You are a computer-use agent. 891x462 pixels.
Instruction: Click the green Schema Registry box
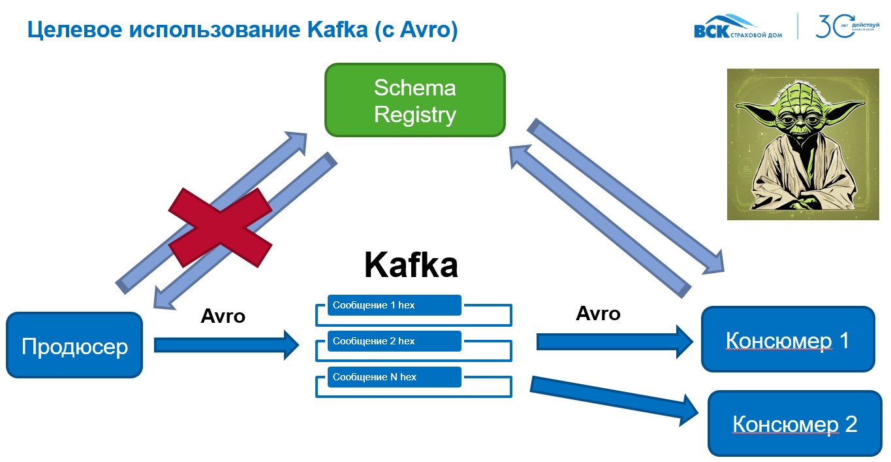click(x=414, y=100)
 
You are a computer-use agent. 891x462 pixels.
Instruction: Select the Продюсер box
click(x=74, y=345)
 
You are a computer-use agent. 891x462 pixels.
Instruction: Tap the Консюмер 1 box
click(x=787, y=340)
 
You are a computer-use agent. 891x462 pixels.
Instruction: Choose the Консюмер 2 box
click(x=794, y=423)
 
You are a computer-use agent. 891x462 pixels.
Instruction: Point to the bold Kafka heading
click(x=411, y=265)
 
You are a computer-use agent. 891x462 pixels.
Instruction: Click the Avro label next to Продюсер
click(x=223, y=316)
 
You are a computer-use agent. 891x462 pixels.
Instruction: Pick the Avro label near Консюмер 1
click(x=598, y=314)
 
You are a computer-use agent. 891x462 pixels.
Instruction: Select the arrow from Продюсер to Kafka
click(x=225, y=344)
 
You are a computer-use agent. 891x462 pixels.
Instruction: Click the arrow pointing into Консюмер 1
click(x=614, y=341)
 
